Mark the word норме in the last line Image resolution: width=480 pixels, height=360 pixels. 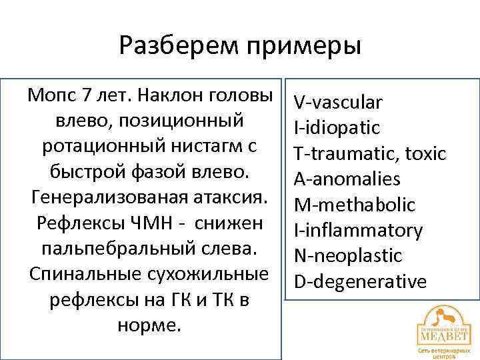point(148,326)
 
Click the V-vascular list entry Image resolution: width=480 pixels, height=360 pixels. point(338,102)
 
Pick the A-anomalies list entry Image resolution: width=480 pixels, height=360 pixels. point(347,179)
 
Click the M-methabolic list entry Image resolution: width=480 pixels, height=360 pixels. point(354,205)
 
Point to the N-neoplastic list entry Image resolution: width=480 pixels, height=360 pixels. point(348,255)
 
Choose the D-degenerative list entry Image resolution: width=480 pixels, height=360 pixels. point(360,281)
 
